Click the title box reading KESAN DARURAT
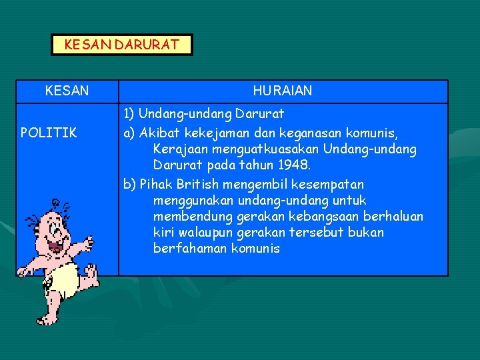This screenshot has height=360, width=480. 121,45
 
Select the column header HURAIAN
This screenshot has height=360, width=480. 283,91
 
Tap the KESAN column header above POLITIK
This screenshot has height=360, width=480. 67,91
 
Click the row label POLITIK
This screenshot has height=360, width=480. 49,133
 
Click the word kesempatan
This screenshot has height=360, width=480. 331,184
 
